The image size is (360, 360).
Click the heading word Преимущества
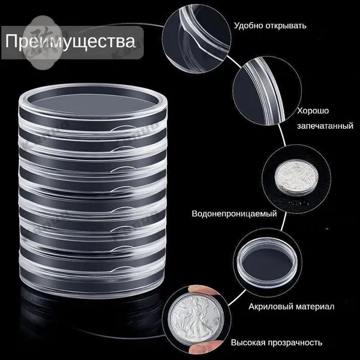coord(70,41)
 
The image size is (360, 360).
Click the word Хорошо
coord(313,111)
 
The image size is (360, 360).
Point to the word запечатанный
coord(325,126)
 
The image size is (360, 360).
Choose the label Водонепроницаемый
coord(234,214)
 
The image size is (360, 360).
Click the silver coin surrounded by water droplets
coord(296,178)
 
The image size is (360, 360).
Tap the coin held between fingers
coord(196,320)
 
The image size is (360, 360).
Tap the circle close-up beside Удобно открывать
coord(197,39)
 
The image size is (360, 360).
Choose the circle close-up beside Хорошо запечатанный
coord(268,90)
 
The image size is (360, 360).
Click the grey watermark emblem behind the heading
coord(43,43)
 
